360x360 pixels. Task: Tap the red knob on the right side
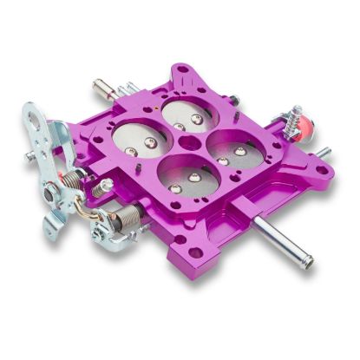(x=306, y=131)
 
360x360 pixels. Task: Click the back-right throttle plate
(x=192, y=115)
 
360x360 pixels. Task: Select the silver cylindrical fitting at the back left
(x=105, y=86)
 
